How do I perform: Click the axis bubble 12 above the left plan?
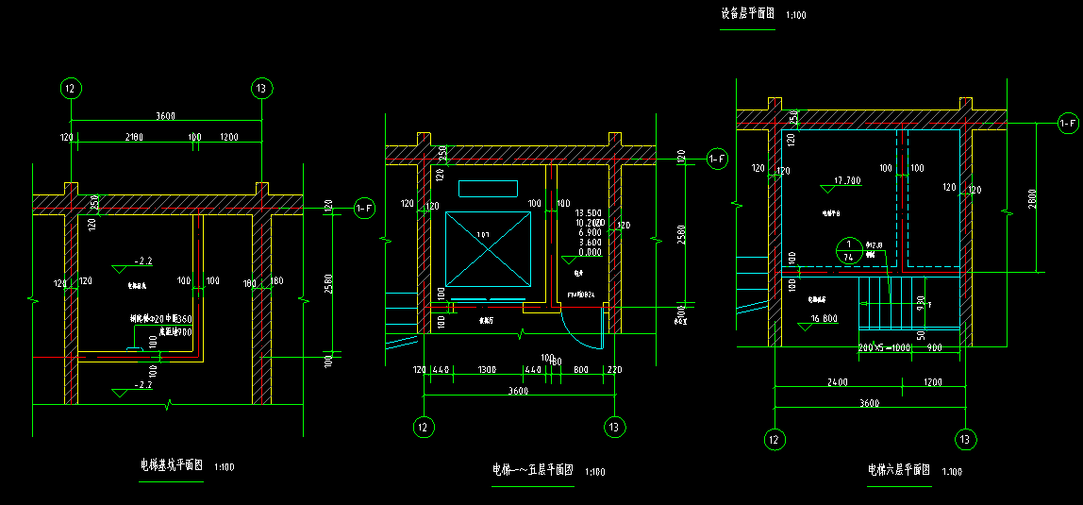pyautogui.click(x=70, y=89)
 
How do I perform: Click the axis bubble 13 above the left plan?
pyautogui.click(x=261, y=89)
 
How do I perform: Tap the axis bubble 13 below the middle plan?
pyautogui.click(x=614, y=427)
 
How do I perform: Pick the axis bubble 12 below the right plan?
pyautogui.click(x=775, y=439)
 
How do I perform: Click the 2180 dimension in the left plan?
pyautogui.click(x=133, y=138)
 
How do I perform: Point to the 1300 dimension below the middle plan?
pyautogui.click(x=487, y=369)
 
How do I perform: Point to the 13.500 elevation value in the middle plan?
pyautogui.click(x=589, y=213)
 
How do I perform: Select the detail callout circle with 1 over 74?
pyautogui.click(x=848, y=250)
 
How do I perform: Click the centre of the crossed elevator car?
pyautogui.click(x=488, y=248)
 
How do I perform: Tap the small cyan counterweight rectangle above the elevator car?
pyautogui.click(x=488, y=188)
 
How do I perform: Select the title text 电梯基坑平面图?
pyautogui.click(x=172, y=465)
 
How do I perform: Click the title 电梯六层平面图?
pyautogui.click(x=899, y=469)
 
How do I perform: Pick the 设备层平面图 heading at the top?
pyautogui.click(x=747, y=14)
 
